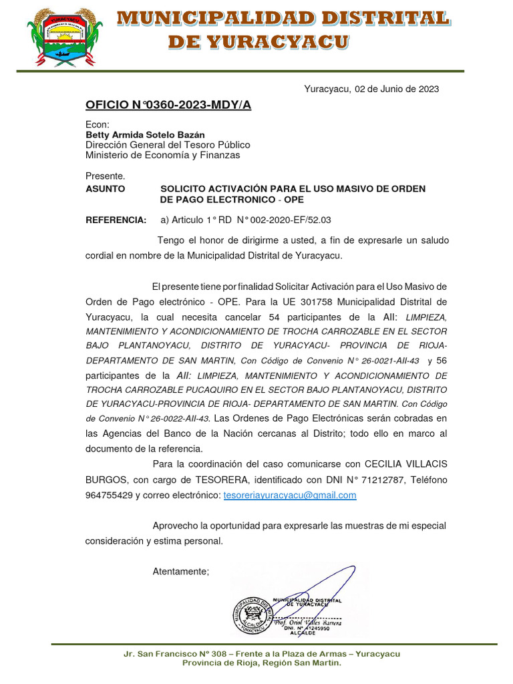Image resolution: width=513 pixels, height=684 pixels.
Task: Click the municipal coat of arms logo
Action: [x=65, y=37]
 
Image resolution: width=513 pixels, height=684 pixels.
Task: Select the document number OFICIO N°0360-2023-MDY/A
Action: [x=168, y=105]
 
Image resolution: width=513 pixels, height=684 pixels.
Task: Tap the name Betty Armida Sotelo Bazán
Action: [x=145, y=134]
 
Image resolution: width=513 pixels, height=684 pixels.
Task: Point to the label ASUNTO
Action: [x=106, y=189]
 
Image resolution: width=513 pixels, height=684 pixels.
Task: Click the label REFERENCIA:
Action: [x=116, y=220]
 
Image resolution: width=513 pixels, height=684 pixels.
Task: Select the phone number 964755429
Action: [x=109, y=495]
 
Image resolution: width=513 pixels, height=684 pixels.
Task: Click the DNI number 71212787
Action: [x=383, y=480]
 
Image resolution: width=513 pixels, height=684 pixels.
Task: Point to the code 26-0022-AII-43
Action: [x=177, y=419]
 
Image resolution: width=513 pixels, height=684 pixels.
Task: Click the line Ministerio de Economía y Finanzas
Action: [x=162, y=156]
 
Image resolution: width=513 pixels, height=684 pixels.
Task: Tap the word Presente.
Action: [x=106, y=176]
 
